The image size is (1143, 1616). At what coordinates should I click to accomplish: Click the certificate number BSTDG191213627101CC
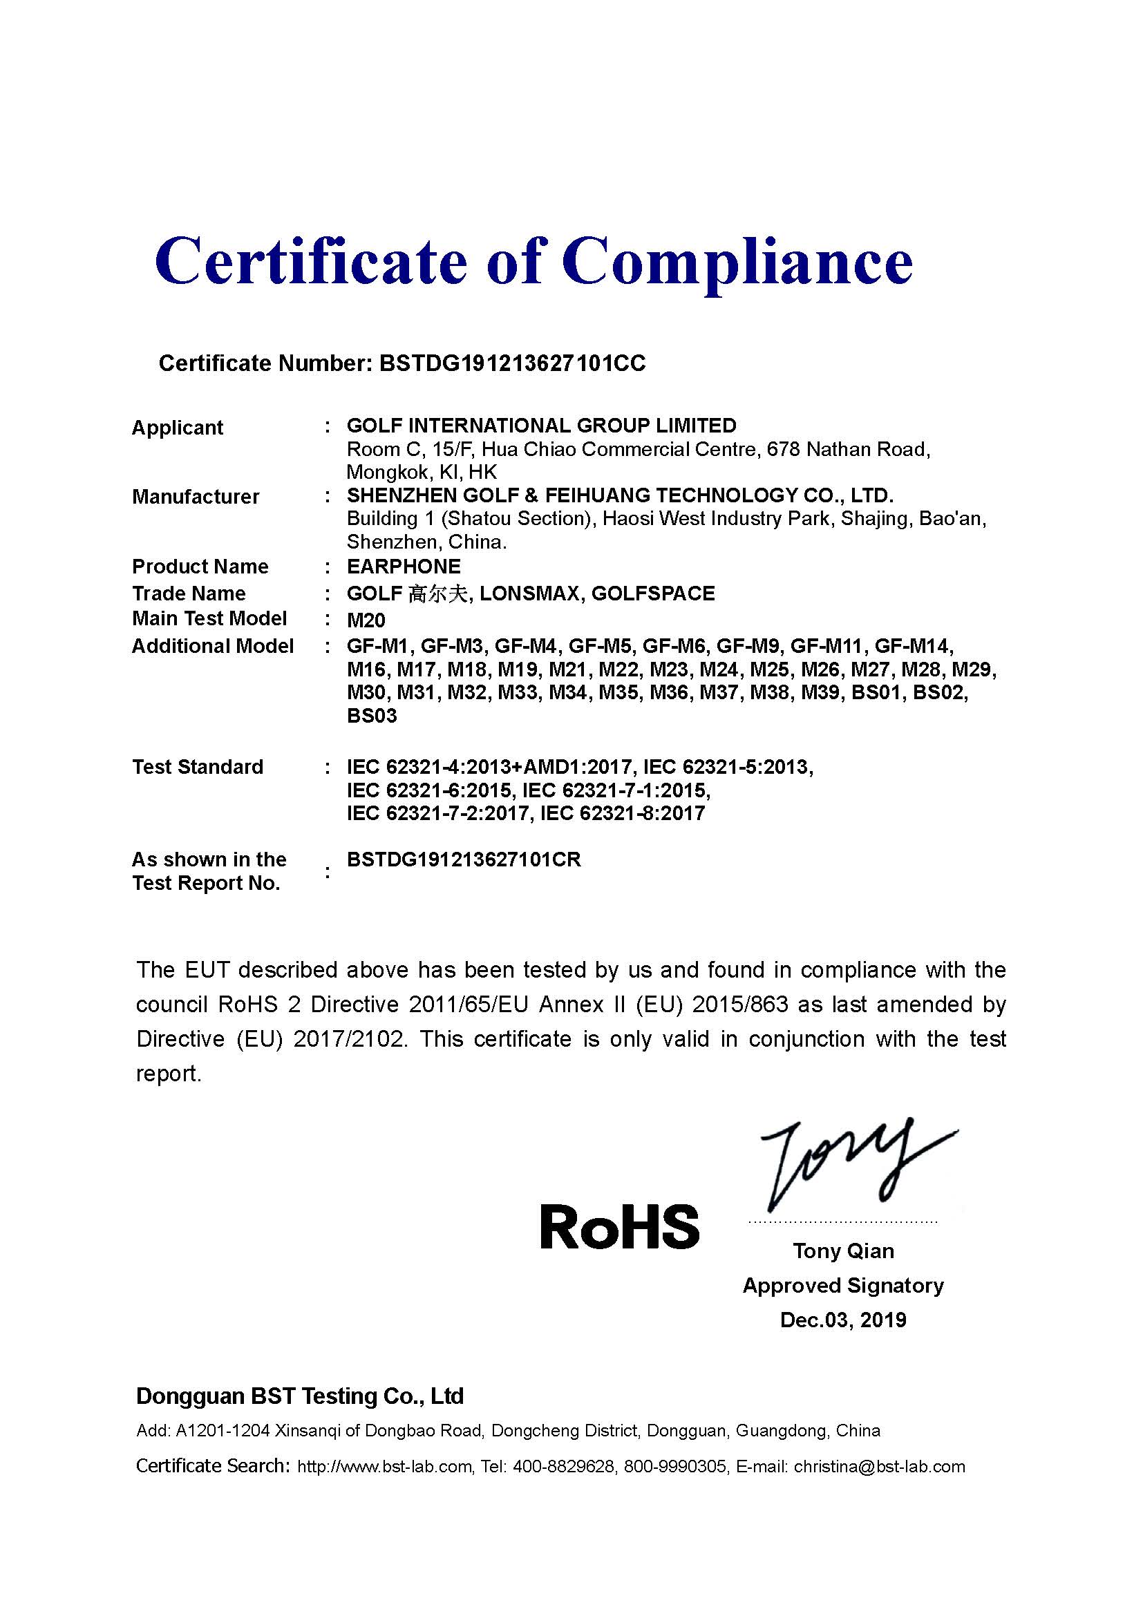click(x=511, y=363)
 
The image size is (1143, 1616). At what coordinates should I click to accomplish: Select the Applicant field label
click(x=178, y=427)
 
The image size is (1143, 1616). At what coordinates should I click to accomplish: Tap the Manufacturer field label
click(x=196, y=496)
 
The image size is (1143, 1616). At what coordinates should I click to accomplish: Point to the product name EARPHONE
click(x=404, y=566)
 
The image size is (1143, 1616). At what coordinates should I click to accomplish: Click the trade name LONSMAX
click(x=530, y=593)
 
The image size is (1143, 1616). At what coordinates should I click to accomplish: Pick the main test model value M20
click(x=366, y=620)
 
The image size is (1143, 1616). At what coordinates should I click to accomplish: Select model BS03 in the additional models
click(x=372, y=716)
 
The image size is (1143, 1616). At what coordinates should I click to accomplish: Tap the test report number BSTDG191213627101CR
click(x=464, y=859)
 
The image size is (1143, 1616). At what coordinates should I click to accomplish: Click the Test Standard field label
click(x=198, y=766)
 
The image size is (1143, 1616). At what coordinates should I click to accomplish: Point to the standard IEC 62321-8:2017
click(x=622, y=813)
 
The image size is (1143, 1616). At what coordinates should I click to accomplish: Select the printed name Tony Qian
click(x=843, y=1251)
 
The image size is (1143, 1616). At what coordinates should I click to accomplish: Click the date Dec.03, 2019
click(x=843, y=1320)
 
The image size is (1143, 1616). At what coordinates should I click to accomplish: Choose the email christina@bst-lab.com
click(x=879, y=1466)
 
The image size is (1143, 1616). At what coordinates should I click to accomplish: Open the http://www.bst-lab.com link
click(x=384, y=1466)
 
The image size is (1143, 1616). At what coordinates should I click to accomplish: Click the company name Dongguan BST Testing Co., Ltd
click(x=300, y=1396)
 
